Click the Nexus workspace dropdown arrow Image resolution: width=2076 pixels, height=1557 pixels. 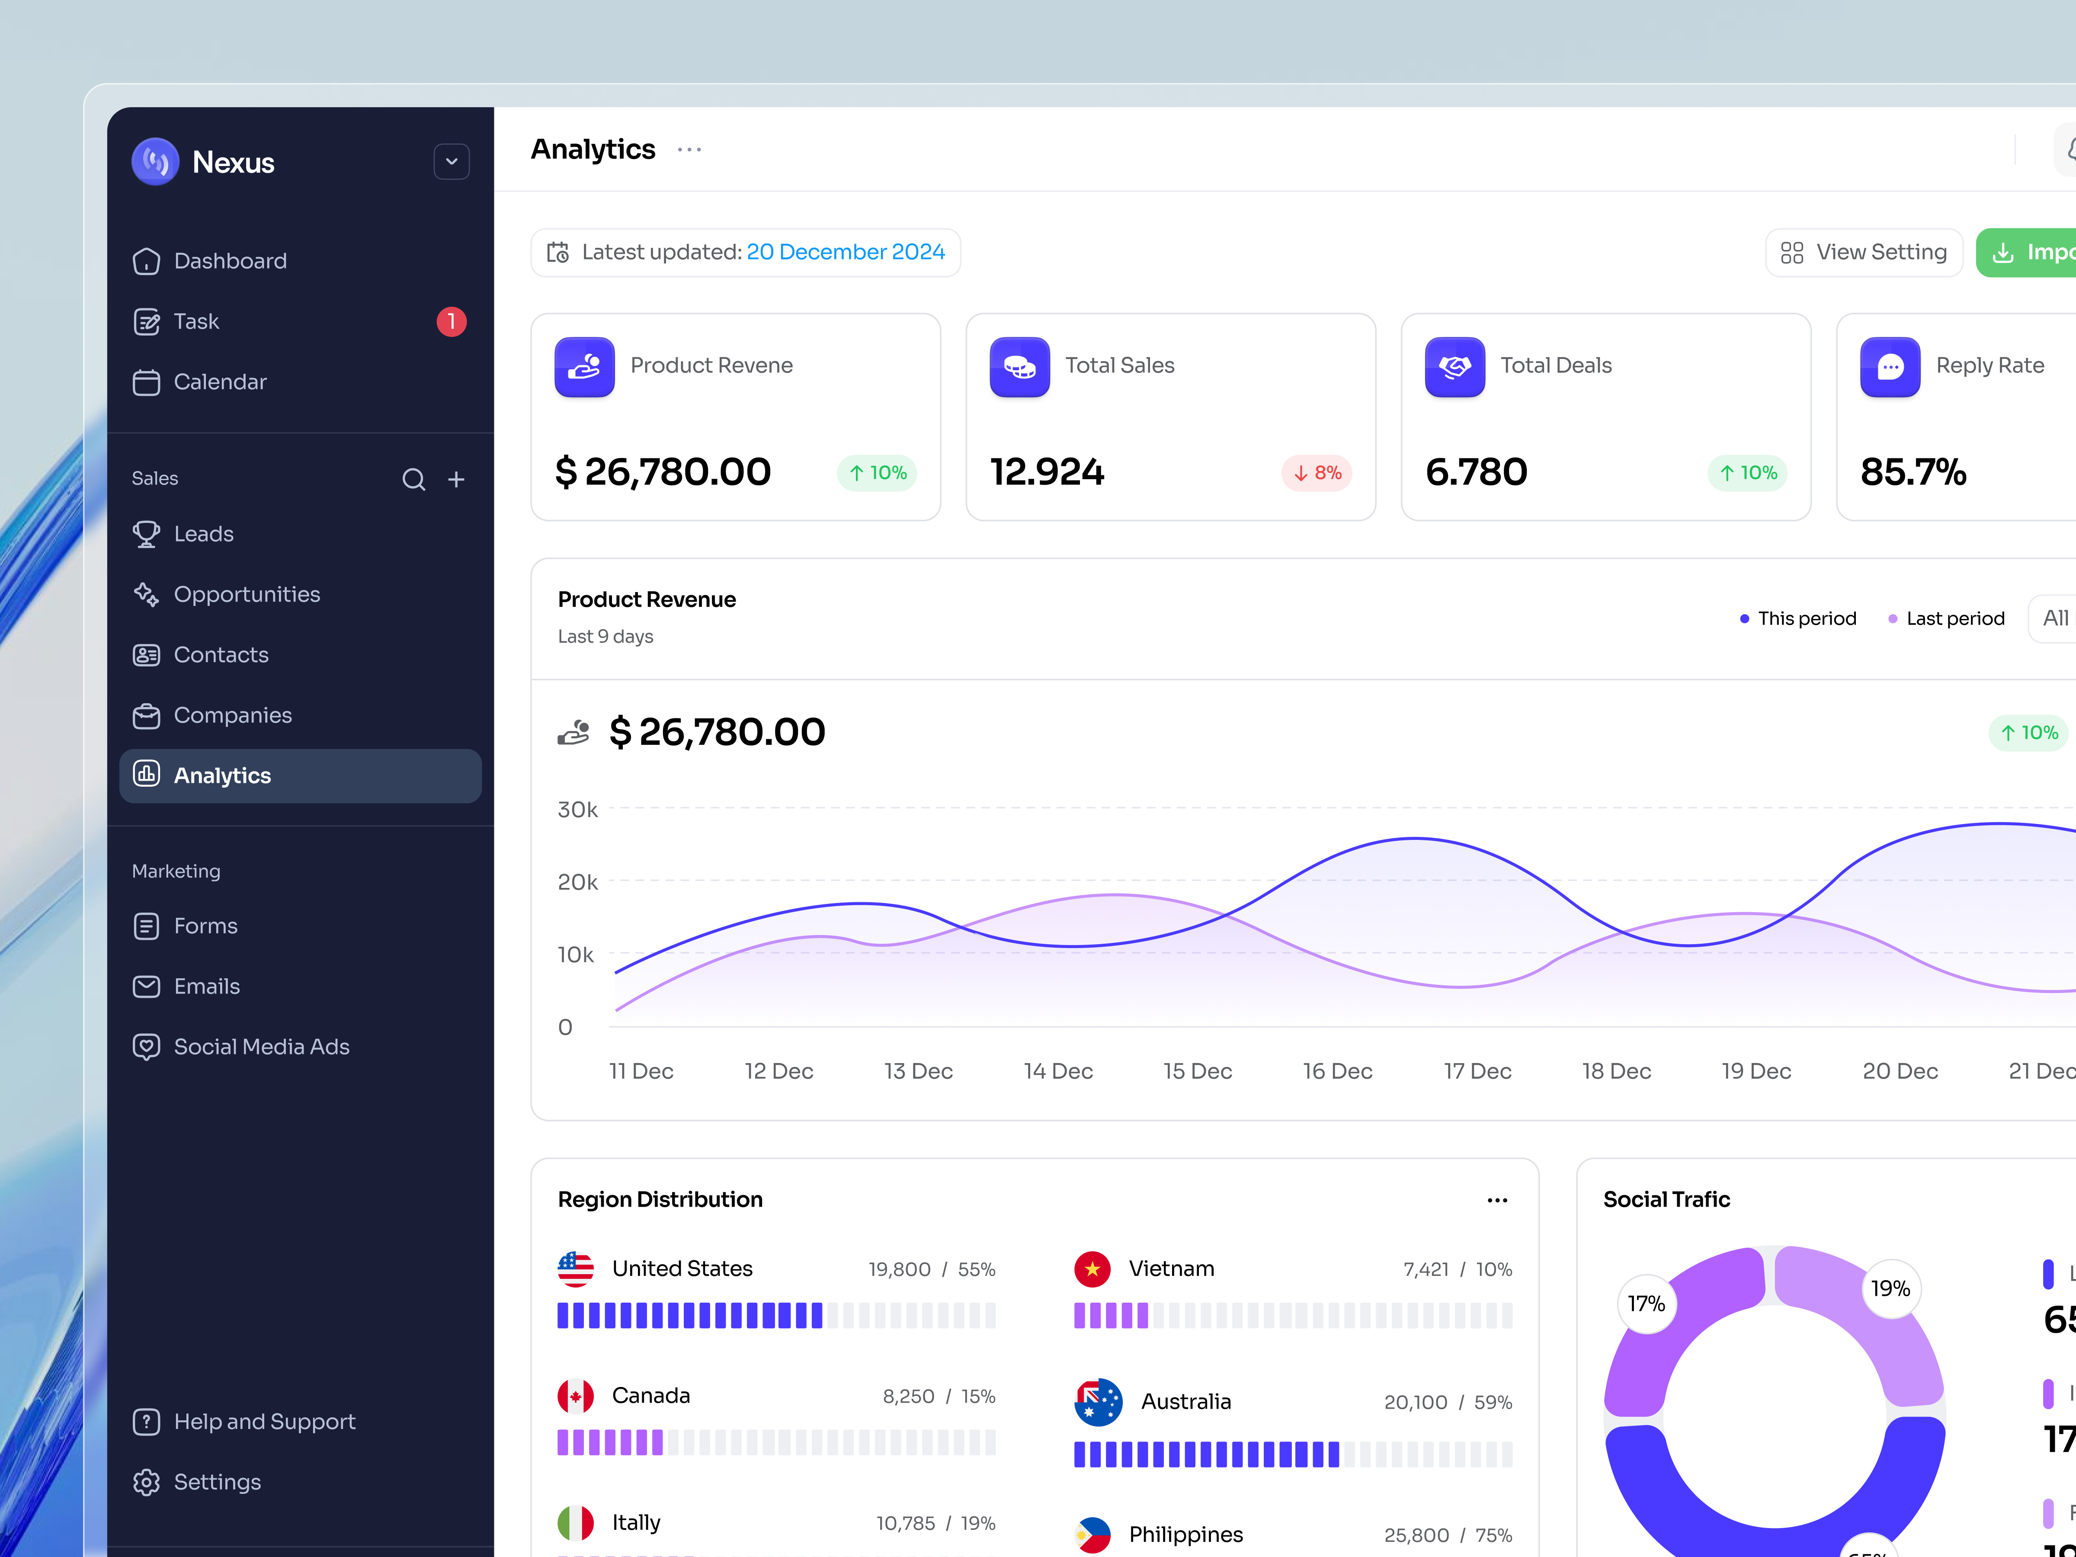click(452, 161)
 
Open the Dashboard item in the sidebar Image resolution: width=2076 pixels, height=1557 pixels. click(230, 261)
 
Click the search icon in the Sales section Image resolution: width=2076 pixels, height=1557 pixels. click(414, 480)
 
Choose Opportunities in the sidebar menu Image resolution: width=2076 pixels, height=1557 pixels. click(247, 594)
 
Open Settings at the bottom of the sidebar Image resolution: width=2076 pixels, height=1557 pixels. click(217, 1482)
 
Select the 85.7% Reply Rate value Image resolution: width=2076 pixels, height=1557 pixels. click(1913, 472)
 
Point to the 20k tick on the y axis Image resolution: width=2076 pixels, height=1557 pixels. click(577, 882)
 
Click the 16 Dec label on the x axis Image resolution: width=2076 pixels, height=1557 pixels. click(1337, 1071)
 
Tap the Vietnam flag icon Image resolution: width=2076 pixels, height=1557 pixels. click(1092, 1269)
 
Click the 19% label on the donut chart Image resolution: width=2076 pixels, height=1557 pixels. click(1890, 1288)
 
